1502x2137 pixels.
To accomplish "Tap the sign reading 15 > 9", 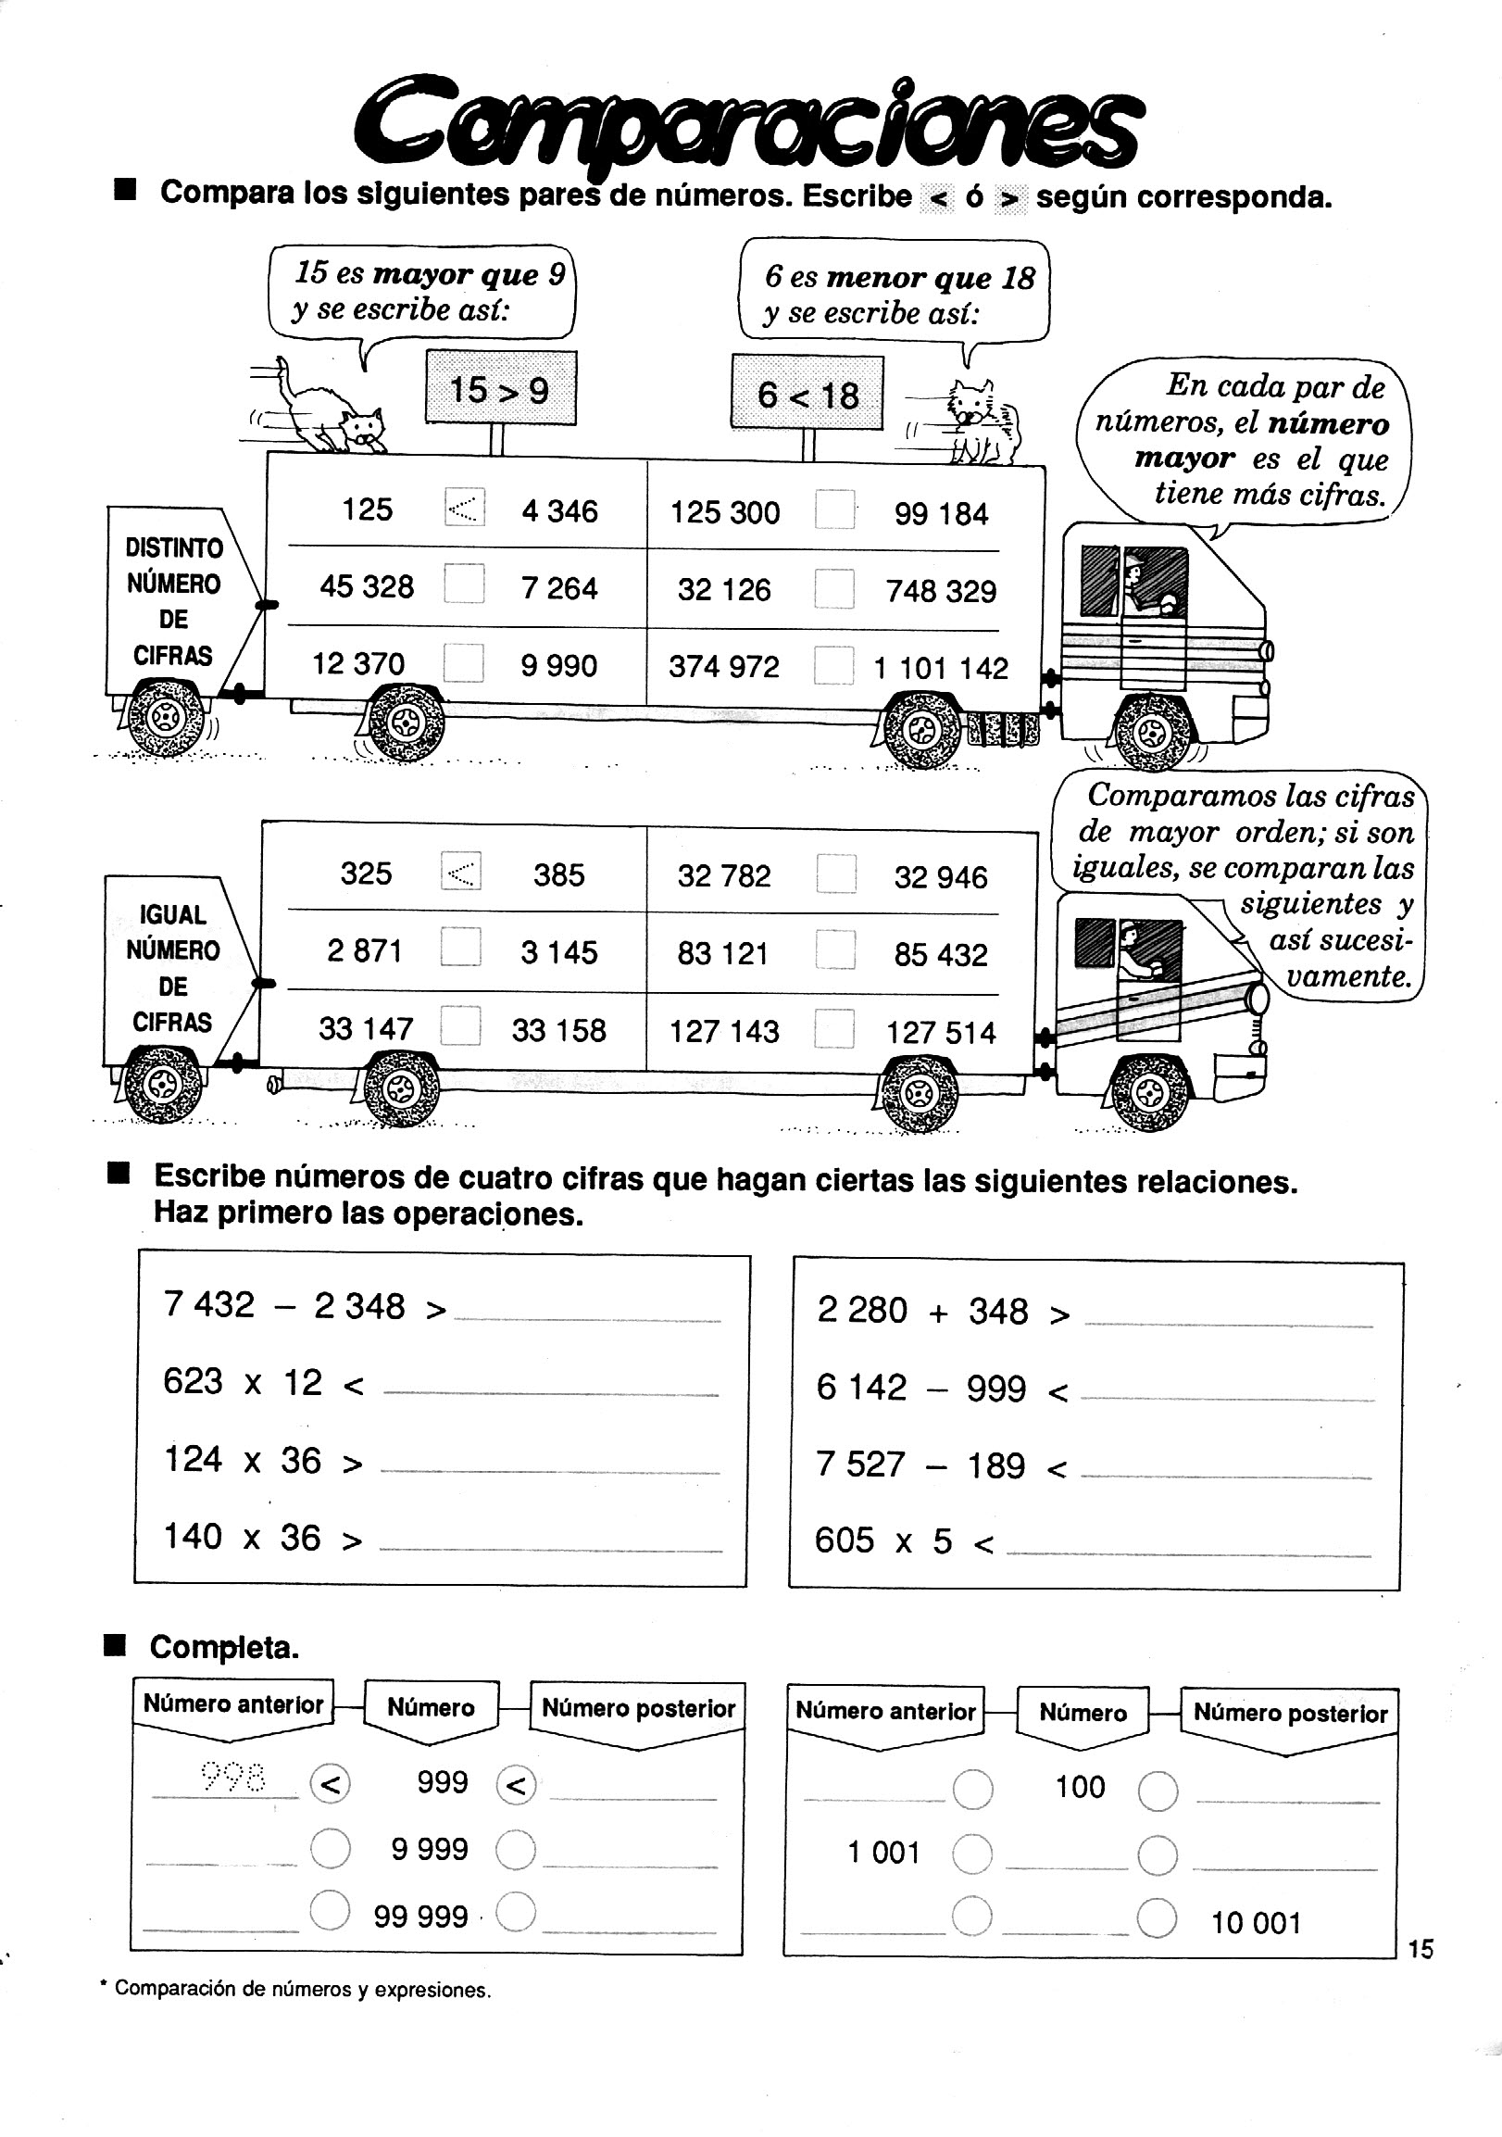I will coord(500,389).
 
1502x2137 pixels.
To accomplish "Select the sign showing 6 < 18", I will coord(807,395).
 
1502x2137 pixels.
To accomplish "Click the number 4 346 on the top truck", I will coord(559,511).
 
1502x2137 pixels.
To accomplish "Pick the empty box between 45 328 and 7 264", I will coord(463,585).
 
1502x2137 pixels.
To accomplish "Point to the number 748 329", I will coord(940,591).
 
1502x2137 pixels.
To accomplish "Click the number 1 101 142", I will coord(940,668).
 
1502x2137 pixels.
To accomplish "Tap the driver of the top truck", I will coord(1140,586).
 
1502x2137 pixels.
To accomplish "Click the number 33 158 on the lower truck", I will coord(558,1030).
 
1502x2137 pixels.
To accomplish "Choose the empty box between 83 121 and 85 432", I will coord(834,951).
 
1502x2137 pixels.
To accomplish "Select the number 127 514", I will coord(940,1032).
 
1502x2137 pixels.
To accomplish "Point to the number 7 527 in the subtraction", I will coord(860,1465).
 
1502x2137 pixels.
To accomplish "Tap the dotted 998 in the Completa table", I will coord(232,1778).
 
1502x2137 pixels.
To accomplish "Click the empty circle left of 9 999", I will coord(330,1849).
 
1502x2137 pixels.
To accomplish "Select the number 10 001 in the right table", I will coord(1255,1922).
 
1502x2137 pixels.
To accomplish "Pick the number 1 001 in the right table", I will coord(882,1853).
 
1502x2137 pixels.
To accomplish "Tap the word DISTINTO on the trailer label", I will coord(174,547).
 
